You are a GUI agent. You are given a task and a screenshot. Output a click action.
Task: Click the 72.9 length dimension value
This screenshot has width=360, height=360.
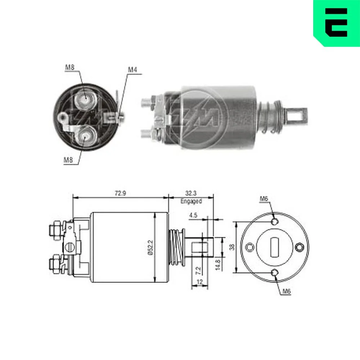(120, 193)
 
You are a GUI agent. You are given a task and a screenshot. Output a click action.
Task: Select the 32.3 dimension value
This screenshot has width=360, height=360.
(191, 193)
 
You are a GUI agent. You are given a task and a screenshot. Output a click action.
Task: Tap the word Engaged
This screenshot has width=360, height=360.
(191, 201)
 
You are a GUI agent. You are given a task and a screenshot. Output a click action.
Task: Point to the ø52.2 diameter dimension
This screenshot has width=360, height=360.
(150, 247)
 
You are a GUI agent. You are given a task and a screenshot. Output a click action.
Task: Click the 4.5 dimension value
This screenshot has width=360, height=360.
(193, 215)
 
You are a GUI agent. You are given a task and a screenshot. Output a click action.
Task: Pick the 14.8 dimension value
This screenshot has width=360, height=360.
(218, 265)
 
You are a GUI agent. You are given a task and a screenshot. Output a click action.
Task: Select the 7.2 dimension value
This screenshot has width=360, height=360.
(198, 270)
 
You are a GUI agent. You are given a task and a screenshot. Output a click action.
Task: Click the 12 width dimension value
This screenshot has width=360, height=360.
(200, 282)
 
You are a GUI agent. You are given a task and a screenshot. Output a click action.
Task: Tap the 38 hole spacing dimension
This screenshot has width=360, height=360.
(232, 247)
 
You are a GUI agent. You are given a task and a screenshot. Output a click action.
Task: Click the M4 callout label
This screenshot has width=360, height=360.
(132, 69)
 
